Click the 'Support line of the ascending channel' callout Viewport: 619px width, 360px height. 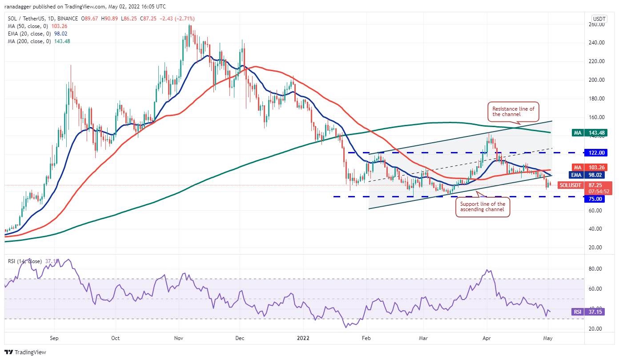pyautogui.click(x=482, y=207)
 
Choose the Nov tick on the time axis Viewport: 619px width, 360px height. pyautogui.click(x=179, y=337)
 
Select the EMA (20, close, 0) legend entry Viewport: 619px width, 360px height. pyautogui.click(x=39, y=34)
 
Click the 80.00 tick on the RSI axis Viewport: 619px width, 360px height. pyautogui.click(x=596, y=269)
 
